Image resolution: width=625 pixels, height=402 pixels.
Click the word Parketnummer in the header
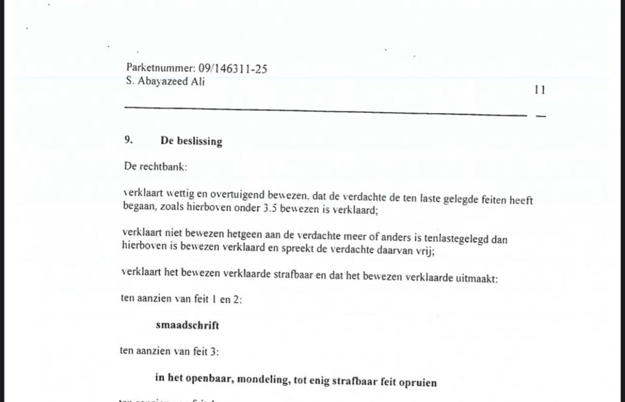coord(161,69)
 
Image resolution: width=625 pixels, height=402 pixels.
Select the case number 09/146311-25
coord(233,69)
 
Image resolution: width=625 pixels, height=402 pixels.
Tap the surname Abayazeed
coord(164,82)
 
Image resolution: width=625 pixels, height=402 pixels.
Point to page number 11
coord(539,90)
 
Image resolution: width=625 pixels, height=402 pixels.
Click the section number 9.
coord(128,140)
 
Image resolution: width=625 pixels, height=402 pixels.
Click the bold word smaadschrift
coord(187,325)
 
